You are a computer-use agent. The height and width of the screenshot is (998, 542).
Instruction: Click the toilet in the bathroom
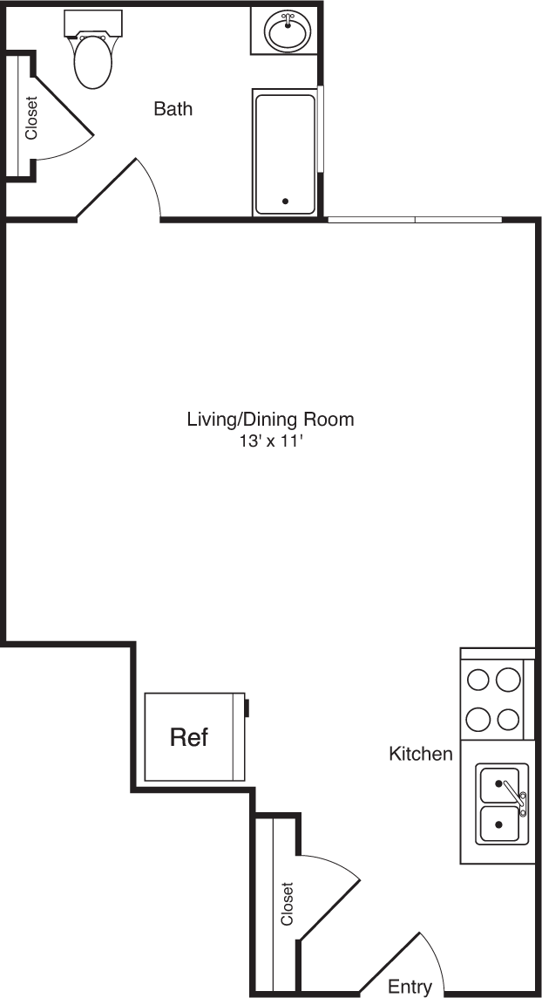tap(93, 62)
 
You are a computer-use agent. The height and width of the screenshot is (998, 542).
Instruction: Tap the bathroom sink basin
tap(288, 34)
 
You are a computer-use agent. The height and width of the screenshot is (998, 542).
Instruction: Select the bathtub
tap(285, 153)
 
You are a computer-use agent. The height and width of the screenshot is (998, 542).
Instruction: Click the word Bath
tap(173, 109)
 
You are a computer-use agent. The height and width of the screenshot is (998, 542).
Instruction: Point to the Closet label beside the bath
tap(32, 118)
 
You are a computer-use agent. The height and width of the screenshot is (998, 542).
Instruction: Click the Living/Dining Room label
tap(270, 419)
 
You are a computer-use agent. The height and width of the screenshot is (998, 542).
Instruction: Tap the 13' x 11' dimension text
tap(270, 441)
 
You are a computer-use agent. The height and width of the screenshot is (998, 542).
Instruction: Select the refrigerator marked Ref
tap(193, 737)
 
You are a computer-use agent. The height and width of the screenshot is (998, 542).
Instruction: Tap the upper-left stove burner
tap(478, 679)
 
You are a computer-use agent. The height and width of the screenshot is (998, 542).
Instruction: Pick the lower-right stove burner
tap(507, 719)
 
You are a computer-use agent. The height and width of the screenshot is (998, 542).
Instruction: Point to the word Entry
tap(410, 987)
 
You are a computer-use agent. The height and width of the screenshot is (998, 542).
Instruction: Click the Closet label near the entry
tap(287, 904)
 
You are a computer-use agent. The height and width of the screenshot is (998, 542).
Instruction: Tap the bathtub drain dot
tap(285, 202)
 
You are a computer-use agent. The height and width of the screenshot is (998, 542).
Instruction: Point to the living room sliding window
tap(415, 219)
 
